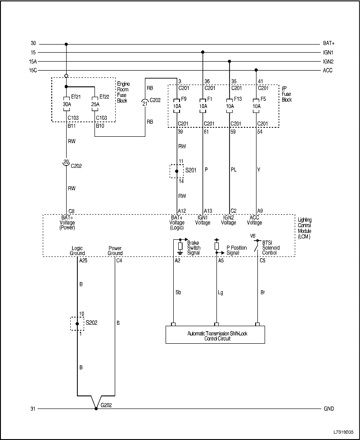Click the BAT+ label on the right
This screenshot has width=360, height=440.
[328, 44]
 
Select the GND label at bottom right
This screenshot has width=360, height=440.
[328, 409]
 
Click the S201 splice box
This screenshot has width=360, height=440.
[176, 171]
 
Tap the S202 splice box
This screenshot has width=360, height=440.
[77, 323]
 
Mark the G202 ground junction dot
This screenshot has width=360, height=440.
[96, 409]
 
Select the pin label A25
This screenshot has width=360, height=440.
[83, 260]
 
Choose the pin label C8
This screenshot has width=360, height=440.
[71, 211]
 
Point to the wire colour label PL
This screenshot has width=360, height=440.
[234, 170]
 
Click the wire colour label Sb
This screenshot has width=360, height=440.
[178, 292]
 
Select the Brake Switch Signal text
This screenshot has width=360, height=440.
[194, 247]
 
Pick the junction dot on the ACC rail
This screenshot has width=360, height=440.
[256, 70]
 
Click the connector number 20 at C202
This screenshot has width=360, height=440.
[66, 161]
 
